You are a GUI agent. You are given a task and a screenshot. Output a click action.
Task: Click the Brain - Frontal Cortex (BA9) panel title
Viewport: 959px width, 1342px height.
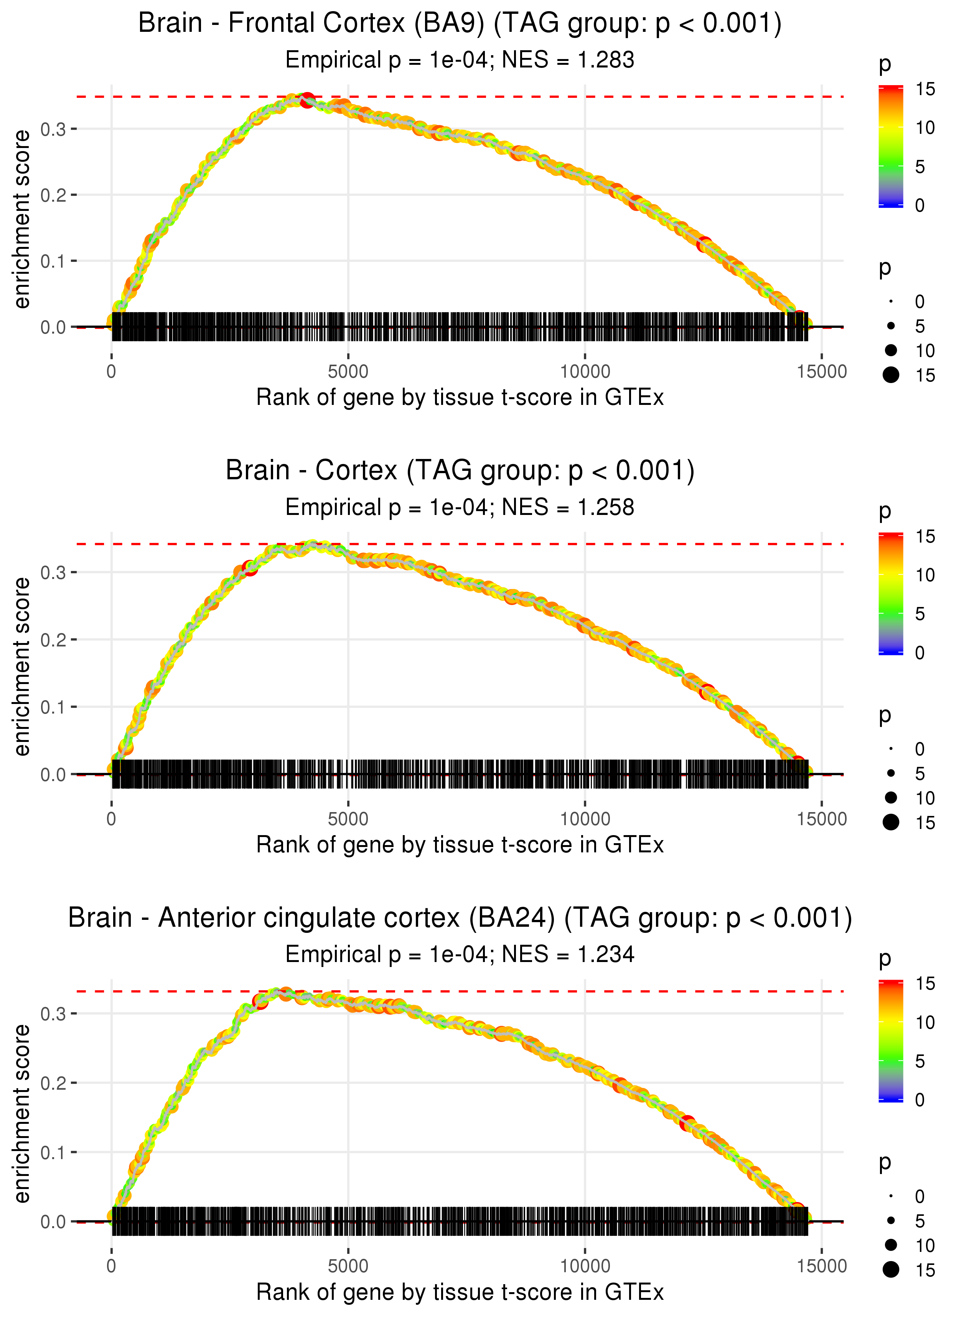tap(460, 24)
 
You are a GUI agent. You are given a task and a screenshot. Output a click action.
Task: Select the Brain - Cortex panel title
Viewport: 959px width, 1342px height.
tap(460, 471)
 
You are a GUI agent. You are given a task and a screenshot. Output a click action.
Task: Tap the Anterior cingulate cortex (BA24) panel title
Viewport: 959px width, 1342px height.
tap(460, 918)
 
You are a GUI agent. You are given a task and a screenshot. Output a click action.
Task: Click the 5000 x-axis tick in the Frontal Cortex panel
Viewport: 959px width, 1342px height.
tap(348, 372)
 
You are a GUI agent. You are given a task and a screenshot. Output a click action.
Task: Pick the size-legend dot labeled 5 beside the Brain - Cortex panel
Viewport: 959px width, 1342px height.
tap(891, 773)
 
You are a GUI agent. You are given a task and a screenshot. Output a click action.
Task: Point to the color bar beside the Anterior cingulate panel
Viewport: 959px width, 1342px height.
tap(891, 1041)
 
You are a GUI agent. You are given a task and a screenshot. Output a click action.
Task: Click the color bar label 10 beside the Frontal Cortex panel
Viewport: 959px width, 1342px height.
tap(925, 128)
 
